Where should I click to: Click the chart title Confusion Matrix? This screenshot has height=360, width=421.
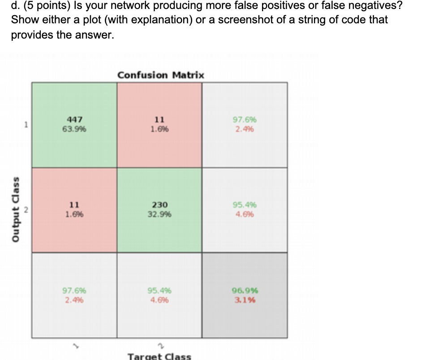click(160, 75)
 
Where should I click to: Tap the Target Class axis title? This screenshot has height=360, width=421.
click(159, 356)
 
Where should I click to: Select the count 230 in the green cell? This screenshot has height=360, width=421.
click(159, 205)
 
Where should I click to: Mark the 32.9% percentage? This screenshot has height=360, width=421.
click(159, 214)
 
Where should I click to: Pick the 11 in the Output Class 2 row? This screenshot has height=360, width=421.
click(74, 205)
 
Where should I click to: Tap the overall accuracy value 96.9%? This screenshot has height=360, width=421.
click(245, 291)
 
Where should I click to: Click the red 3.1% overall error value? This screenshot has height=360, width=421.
click(245, 299)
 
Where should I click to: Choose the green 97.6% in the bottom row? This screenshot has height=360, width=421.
click(74, 291)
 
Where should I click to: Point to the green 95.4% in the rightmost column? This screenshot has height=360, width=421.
click(245, 205)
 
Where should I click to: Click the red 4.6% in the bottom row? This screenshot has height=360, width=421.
click(159, 299)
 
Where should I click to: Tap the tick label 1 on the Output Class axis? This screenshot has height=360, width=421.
click(26, 125)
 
